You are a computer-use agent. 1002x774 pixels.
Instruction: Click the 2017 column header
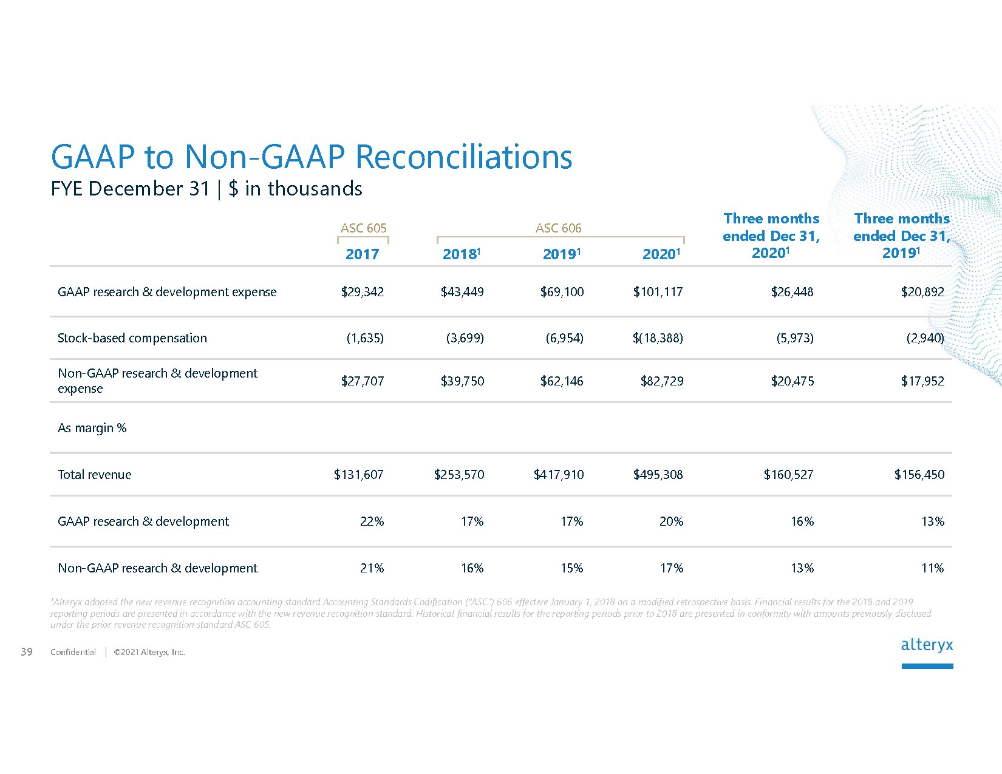tap(362, 254)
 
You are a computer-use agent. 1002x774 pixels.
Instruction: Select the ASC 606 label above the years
tap(558, 228)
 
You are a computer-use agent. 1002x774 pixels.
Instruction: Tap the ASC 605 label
tap(363, 228)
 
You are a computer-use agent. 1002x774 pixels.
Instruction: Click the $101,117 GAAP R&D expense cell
tap(658, 292)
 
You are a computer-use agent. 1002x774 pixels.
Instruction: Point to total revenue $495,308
tap(658, 475)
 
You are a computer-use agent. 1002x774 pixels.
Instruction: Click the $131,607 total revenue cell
tap(358, 475)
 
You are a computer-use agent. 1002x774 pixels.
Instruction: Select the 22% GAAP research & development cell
tap(372, 521)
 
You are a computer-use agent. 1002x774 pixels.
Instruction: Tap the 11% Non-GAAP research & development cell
tap(932, 568)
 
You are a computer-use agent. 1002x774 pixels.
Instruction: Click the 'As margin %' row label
tap(92, 428)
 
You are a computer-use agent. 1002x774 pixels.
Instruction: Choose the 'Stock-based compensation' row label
tap(132, 338)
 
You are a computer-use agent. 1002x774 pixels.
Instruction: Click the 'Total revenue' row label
tap(94, 475)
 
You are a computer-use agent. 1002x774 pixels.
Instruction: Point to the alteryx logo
tap(927, 645)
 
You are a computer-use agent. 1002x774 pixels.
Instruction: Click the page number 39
tap(27, 652)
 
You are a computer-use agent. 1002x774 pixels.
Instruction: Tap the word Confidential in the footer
tap(73, 652)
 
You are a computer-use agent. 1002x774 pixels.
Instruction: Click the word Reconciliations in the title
tap(463, 157)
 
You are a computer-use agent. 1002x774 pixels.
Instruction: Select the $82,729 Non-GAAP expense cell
tap(661, 381)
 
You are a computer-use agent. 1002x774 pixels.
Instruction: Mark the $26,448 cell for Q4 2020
tap(792, 292)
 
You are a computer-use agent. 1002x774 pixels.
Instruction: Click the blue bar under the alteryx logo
tap(927, 666)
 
